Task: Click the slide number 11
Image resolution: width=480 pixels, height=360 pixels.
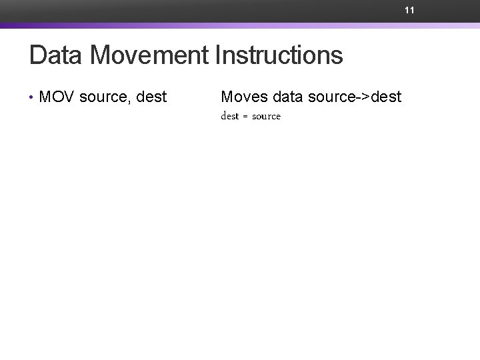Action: pyautogui.click(x=409, y=11)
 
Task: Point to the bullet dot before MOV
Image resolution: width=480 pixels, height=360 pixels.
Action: pyautogui.click(x=32, y=98)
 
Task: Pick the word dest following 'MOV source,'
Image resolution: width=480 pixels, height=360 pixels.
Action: pyautogui.click(x=151, y=97)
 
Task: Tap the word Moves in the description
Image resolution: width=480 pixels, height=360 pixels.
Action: pyautogui.click(x=243, y=97)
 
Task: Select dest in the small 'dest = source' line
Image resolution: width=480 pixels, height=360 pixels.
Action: pyautogui.click(x=229, y=117)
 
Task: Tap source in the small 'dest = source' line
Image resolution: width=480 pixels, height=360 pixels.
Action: pyautogui.click(x=266, y=117)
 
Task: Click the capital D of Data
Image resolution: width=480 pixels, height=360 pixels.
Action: pyautogui.click(x=37, y=55)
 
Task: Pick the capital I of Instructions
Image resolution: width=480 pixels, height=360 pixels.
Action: pyautogui.click(x=219, y=55)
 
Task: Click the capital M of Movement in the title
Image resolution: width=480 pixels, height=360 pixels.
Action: pyautogui.click(x=100, y=55)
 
